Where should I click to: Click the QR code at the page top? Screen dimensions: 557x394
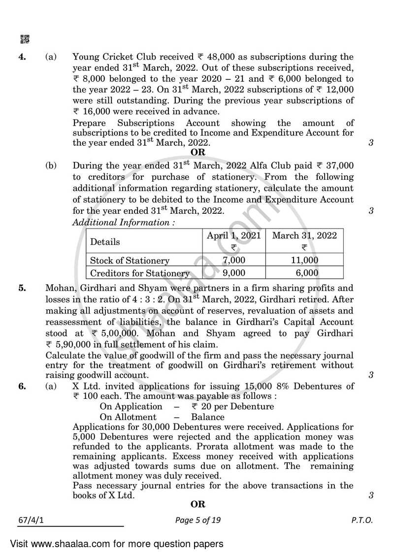tap(24, 39)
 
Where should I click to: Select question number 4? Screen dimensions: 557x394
tap(22, 57)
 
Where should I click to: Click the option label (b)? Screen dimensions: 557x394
tap(51, 166)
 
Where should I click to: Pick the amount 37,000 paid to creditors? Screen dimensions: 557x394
tap(335, 166)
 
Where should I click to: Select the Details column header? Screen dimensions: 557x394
tap(104, 242)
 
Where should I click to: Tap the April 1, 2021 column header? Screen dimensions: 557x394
tap(233, 235)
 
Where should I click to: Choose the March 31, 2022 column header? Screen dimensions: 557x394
tap(304, 235)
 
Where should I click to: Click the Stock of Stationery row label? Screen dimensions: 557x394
tap(129, 261)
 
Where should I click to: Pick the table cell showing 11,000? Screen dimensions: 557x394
tap(304, 261)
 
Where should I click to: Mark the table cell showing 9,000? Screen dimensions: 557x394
tap(233, 273)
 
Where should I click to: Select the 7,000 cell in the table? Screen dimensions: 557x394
tap(233, 261)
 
